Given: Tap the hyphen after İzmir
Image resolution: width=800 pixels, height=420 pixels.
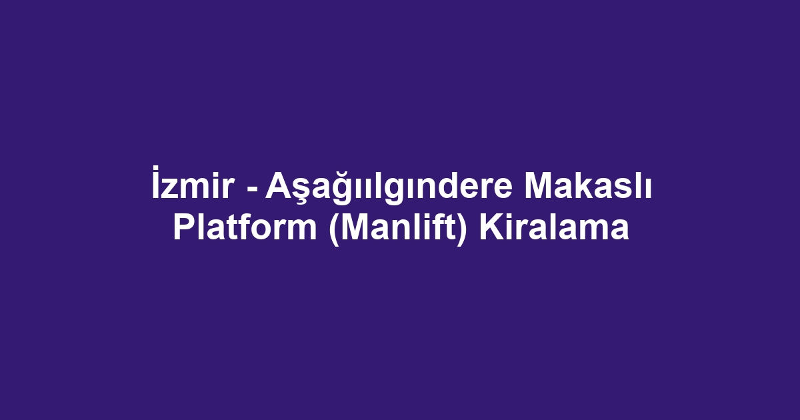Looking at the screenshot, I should pos(252,192).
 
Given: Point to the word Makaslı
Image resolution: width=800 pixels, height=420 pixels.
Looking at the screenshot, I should pos(587,189).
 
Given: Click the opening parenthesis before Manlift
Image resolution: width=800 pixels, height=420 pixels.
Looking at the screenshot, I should pos(333,229).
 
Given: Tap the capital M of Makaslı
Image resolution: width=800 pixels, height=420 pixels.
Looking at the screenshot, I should pos(537,189).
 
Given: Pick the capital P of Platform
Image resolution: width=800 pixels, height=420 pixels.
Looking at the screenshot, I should pos(183,228).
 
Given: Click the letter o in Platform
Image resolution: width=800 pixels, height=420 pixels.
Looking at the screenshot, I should pos(266,231).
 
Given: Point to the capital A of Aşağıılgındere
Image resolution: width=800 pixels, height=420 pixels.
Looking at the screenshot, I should pos(275,189).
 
